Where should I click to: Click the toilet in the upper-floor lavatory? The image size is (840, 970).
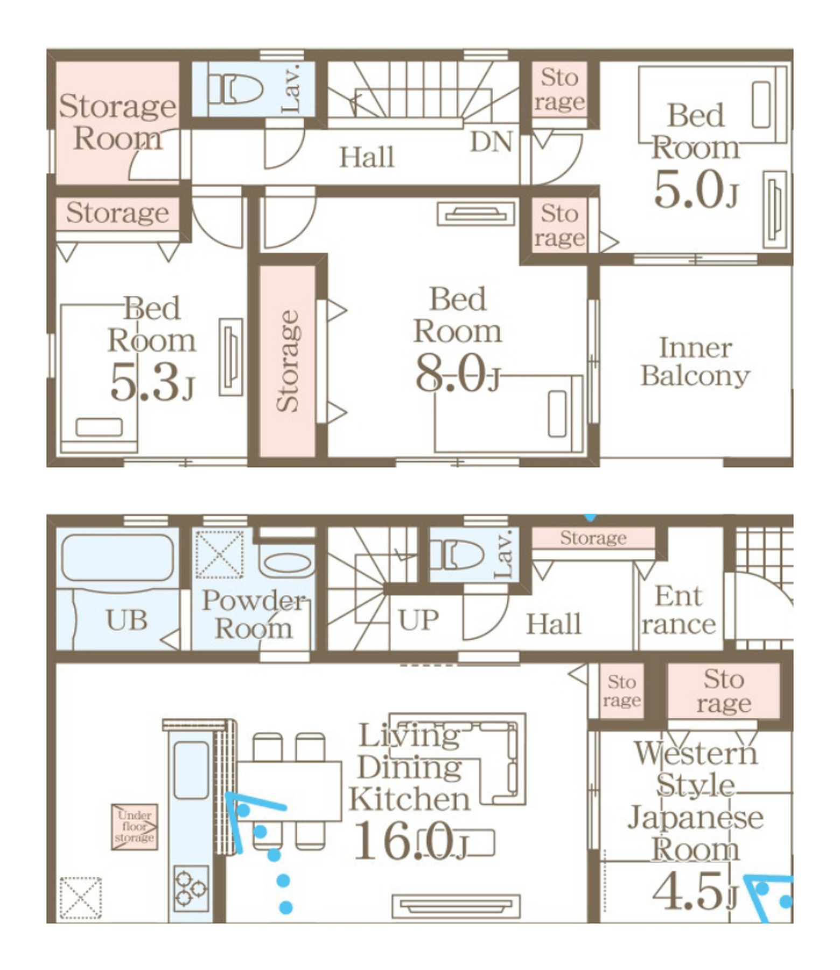point(235,88)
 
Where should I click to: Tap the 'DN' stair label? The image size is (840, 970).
point(491,142)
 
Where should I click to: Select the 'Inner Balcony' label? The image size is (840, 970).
point(695,362)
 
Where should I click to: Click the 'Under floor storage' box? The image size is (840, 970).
point(135,827)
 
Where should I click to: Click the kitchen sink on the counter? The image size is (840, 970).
point(191,771)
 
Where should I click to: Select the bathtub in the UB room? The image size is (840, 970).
point(118,558)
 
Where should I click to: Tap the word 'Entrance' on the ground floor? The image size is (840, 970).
point(678,610)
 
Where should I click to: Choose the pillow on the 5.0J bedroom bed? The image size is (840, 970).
point(761,105)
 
